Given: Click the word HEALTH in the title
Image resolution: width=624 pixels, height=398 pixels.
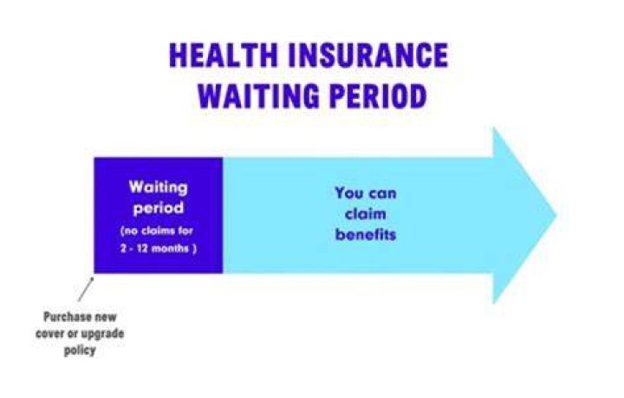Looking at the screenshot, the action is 223,55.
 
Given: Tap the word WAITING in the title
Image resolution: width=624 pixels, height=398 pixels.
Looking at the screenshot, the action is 259,96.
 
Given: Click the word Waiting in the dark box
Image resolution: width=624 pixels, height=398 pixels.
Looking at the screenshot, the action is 158,187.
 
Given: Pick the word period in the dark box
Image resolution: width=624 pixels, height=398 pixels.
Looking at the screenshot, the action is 159,208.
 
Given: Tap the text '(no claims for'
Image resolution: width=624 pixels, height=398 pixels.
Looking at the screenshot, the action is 157,231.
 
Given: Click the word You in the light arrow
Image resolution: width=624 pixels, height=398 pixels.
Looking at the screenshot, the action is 349,193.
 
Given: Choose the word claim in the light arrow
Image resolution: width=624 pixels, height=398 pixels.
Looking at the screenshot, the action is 366,213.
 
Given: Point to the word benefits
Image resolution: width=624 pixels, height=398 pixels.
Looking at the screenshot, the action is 366,234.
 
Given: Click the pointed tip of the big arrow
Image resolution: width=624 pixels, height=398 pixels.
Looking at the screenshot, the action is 556,215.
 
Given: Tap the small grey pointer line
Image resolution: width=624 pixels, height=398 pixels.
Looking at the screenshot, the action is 86,290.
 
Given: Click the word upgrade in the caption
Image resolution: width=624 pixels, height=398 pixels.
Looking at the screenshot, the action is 102,334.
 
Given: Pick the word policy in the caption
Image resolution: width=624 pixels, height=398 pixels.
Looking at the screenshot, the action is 80,350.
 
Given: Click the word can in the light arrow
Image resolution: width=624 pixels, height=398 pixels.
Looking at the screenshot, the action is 381,194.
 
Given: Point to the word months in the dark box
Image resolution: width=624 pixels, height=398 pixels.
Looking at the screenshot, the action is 170,248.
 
